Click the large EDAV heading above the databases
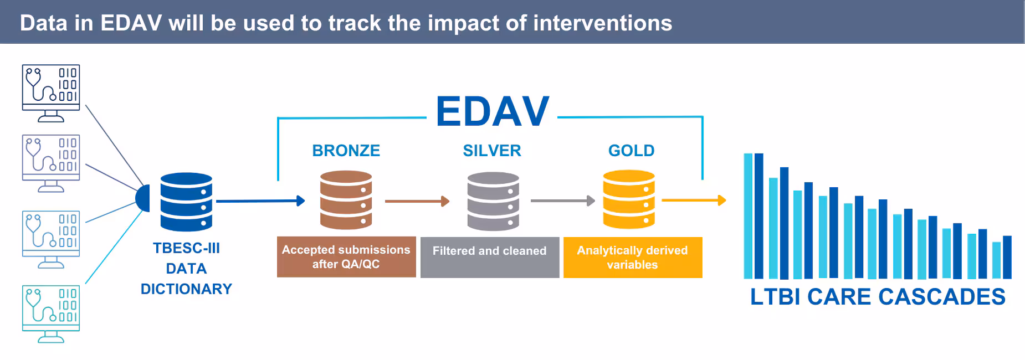[492, 112]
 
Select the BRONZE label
[346, 151]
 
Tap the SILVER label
[492, 151]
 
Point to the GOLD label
[631, 151]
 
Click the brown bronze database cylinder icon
[346, 200]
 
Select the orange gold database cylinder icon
[629, 199]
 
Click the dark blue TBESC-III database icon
[186, 202]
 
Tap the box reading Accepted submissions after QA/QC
[346, 257]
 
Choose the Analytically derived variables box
[633, 257]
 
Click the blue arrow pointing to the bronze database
[260, 200]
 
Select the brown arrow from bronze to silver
[417, 201]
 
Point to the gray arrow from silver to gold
[562, 200]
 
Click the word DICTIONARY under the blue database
[186, 289]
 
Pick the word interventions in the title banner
[602, 23]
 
